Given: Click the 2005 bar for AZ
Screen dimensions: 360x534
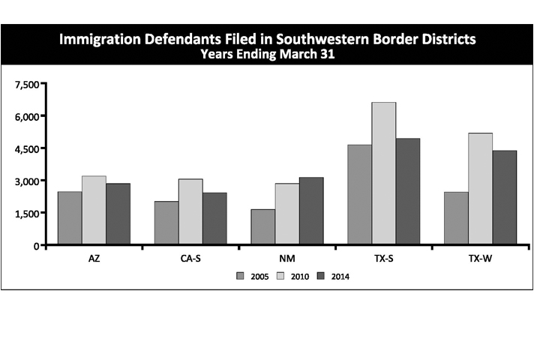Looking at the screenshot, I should (70, 218).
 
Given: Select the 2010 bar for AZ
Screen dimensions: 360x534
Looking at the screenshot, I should (94, 211).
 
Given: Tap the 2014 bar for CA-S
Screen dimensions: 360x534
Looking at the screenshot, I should (214, 219).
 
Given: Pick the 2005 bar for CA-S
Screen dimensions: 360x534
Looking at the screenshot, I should (166, 223).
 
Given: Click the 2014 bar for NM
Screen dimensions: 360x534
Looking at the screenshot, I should (311, 211).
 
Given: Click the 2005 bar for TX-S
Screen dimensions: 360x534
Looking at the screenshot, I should (360, 195).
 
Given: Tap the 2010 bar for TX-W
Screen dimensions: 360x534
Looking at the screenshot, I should (481, 189).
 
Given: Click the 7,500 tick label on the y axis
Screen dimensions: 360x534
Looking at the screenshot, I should (27, 84).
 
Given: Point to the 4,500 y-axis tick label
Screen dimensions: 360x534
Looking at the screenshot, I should (27, 148).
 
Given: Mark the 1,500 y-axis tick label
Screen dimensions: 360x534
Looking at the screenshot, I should (27, 213).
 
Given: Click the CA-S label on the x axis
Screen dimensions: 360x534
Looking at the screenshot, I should (190, 258).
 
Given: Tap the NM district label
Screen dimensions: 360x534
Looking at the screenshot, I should (287, 258).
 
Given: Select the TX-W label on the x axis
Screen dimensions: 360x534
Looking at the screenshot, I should (481, 258).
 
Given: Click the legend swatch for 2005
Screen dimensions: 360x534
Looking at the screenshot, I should (241, 276).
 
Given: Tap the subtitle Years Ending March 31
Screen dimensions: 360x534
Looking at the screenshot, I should (267, 54).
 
